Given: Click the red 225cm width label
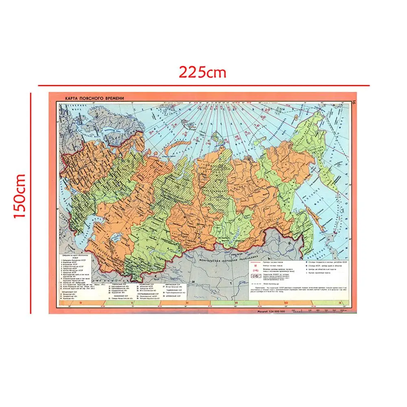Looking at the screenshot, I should (x=202, y=72).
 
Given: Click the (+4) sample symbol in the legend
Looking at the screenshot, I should (x=256, y=270).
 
